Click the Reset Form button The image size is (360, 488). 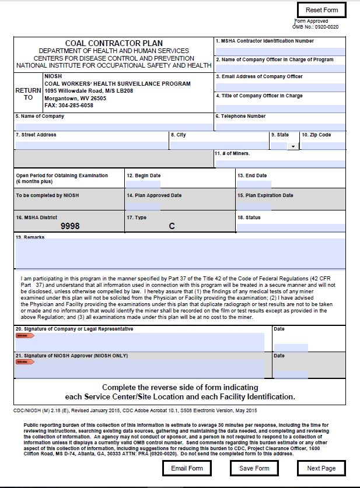click(321, 10)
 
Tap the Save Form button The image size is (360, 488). click(254, 468)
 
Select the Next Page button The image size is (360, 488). click(321, 468)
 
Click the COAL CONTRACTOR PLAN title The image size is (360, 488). click(114, 43)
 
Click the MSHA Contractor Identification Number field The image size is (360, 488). click(280, 51)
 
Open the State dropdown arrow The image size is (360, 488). click(292, 146)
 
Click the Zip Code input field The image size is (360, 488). click(323, 145)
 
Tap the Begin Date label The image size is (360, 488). click(144, 175)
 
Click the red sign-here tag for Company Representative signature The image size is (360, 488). click(25, 336)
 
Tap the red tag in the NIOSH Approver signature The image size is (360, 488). click(25, 362)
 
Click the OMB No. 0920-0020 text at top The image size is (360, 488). click(315, 27)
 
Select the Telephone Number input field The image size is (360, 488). click(280, 126)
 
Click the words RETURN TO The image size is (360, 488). click(29, 94)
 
